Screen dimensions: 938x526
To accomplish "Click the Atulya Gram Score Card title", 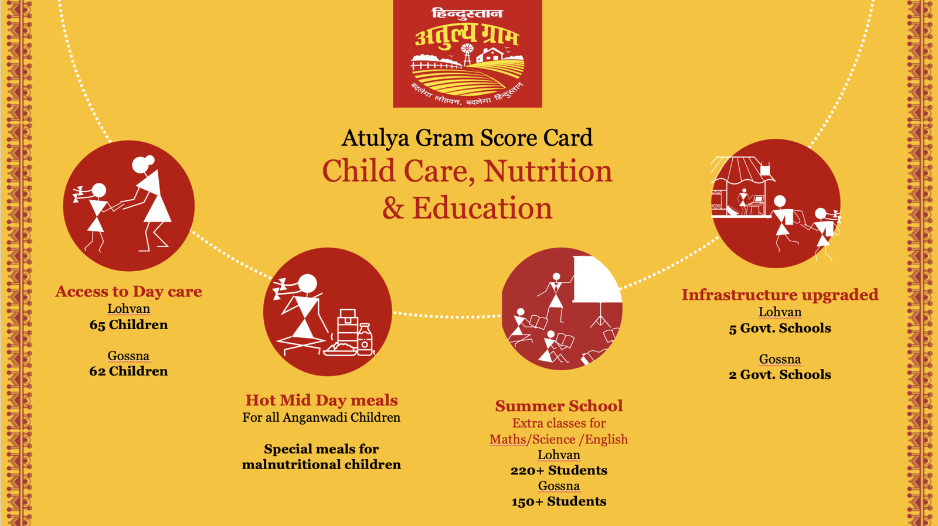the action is (467, 138).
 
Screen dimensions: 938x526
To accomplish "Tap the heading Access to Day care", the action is (128, 291).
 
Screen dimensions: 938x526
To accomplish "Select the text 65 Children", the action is (128, 325).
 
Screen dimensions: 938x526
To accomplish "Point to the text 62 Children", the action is (128, 371).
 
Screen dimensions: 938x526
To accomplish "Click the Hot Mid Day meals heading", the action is (322, 400).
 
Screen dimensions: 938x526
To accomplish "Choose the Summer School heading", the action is (559, 406).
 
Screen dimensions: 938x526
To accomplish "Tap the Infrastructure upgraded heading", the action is (780, 295).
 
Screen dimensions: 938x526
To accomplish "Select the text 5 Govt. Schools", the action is (780, 328).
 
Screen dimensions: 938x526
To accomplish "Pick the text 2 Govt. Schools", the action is (780, 374).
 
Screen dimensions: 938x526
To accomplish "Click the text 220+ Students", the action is (559, 470).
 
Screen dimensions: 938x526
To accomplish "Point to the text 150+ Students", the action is (559, 501).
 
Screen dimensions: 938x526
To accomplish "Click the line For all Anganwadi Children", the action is (322, 418).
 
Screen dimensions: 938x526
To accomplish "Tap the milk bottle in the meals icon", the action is (365, 339).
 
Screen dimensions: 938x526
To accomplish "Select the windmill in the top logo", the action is (467, 54).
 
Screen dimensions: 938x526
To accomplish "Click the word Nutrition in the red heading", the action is (548, 172).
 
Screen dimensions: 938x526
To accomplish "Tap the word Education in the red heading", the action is (482, 209).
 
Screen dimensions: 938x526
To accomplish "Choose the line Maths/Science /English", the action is (559, 439).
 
